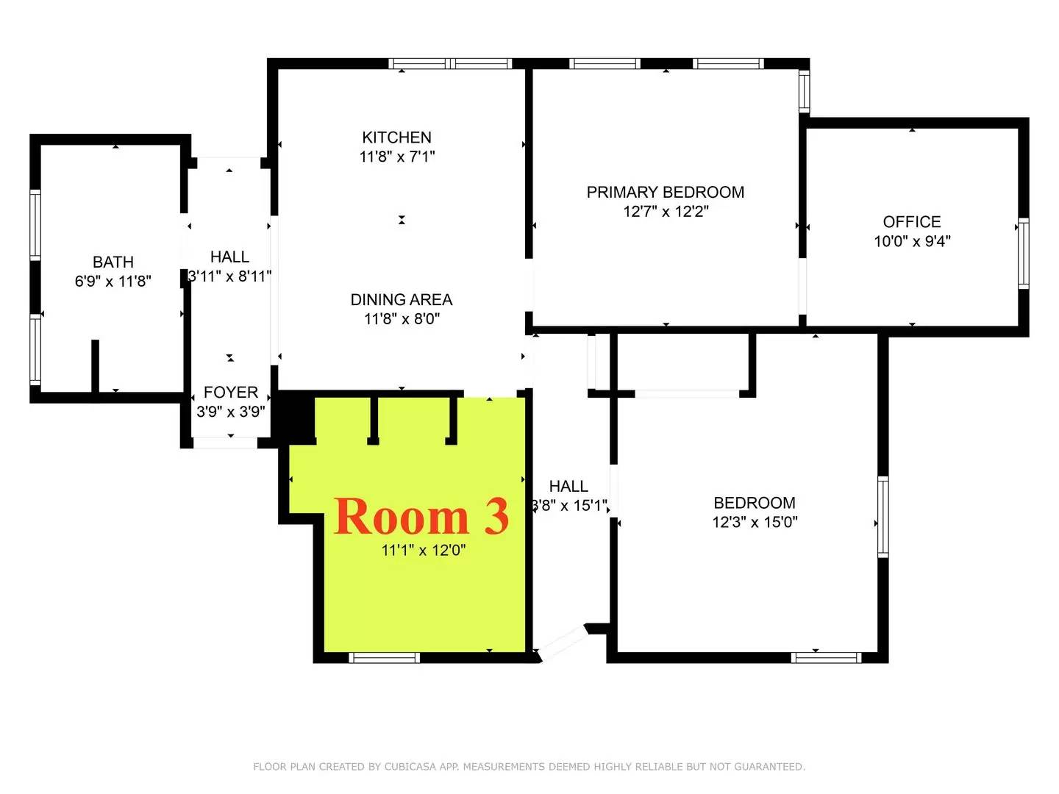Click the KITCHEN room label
point(396,137)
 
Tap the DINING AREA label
point(401,299)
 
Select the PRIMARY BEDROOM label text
point(665,192)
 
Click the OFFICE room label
point(911,221)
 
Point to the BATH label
point(113,262)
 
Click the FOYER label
point(230,392)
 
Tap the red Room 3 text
point(421,516)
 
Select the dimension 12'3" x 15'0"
point(755,522)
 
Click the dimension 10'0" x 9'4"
point(912,241)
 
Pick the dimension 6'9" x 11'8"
point(113,281)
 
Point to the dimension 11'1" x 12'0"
point(423,550)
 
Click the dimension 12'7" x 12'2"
point(666,211)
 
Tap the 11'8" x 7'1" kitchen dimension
point(396,157)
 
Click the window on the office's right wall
point(1023,253)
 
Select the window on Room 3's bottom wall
point(384,657)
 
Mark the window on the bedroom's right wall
point(883,516)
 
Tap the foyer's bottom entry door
point(225,443)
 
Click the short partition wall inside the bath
point(95,365)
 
